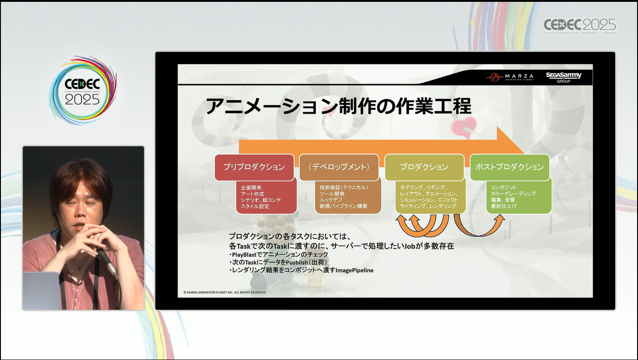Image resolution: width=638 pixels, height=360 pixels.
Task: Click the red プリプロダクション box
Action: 254,167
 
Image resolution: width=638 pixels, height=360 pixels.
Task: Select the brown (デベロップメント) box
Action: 339,167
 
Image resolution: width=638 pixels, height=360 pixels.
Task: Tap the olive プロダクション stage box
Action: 424,167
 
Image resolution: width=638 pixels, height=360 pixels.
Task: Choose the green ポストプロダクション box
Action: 509,167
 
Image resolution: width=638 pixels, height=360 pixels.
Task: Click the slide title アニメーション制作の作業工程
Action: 338,106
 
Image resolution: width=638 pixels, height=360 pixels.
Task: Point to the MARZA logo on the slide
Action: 510,76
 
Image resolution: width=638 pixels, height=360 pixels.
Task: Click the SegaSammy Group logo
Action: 563,77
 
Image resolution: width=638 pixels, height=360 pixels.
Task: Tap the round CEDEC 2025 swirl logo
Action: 83,91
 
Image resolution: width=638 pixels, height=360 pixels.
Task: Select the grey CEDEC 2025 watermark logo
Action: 579,27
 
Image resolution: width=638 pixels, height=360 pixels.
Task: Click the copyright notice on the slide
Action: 225,292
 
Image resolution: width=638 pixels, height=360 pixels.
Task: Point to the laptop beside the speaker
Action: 41,290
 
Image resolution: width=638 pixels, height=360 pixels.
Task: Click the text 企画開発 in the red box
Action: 251,188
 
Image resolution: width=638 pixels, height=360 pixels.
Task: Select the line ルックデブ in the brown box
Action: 330,200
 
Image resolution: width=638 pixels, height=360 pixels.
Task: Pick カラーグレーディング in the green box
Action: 513,194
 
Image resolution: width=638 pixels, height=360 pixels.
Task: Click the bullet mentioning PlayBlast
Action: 279,254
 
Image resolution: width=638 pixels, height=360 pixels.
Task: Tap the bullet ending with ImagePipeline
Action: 301,270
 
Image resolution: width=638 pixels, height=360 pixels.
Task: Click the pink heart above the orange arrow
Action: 464,127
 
